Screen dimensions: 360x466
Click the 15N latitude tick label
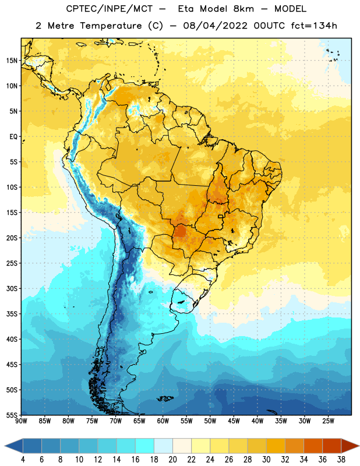pos(12,61)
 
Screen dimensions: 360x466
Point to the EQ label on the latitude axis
pos(13,137)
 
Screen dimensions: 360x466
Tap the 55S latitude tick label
pos(12,415)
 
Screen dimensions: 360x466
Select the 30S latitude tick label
pos(12,288)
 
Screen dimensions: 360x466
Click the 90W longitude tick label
pos(21,421)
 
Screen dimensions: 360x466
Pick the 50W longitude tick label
pos(210,421)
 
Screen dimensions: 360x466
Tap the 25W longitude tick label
pos(328,421)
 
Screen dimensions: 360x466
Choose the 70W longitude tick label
pos(116,421)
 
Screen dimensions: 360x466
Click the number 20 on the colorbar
pos(172,460)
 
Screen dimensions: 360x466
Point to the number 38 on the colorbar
pos(341,460)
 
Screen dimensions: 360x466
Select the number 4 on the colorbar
pos(23,460)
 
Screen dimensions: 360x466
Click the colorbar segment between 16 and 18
pos(144,446)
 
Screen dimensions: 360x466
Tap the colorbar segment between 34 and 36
pos(313,446)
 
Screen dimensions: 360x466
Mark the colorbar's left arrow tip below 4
pos(5,446)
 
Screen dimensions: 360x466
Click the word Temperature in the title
pos(111,26)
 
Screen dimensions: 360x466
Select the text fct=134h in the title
pos(314,26)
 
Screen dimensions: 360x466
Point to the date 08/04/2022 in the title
pos(215,26)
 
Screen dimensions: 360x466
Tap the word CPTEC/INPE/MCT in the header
pos(109,9)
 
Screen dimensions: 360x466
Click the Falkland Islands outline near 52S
pos(165,398)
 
